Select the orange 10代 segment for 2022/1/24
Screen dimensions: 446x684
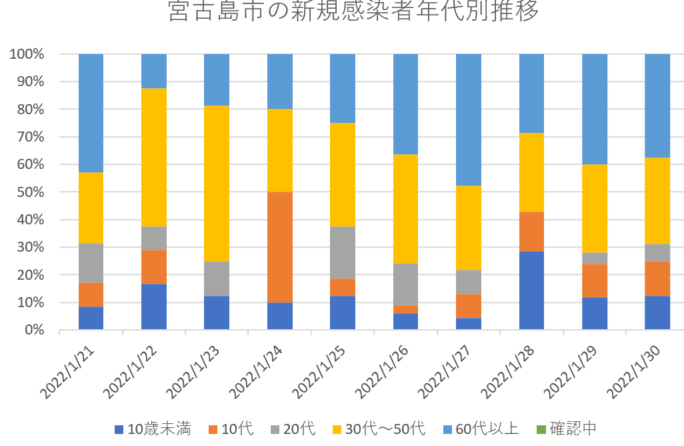pyautogui.click(x=280, y=247)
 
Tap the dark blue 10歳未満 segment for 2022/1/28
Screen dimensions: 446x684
pyautogui.click(x=531, y=290)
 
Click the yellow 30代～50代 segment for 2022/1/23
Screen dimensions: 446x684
pyautogui.click(x=217, y=184)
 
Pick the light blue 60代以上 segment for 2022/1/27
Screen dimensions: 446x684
pyautogui.click(x=469, y=120)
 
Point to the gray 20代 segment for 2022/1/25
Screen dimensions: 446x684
pyautogui.click(x=343, y=252)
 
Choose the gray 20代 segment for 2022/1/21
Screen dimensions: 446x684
pyautogui.click(x=91, y=263)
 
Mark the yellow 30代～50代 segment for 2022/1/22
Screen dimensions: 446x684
pyautogui.click(x=154, y=158)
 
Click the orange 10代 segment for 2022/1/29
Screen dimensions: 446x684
pyautogui.click(x=595, y=280)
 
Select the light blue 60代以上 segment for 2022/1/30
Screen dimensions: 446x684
pyautogui.click(x=657, y=105)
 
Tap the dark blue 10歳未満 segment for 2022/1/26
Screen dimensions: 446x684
pyautogui.click(x=405, y=321)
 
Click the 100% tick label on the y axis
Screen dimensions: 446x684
pyautogui.click(x=27, y=54)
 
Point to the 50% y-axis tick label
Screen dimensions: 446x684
pyautogui.click(x=30, y=192)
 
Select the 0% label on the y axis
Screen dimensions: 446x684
pyautogui.click(x=33, y=330)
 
